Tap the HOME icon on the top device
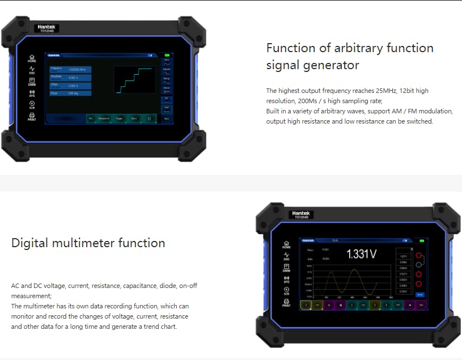click(32, 58)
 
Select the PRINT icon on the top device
click(32, 117)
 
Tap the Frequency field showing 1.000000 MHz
click(70, 69)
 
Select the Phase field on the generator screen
click(70, 93)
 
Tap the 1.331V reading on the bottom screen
click(361, 255)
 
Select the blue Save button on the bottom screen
click(420, 295)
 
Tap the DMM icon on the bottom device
click(286, 268)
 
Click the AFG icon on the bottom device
click(286, 279)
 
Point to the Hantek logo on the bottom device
click(302, 214)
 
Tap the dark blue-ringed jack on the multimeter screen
click(418, 264)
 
